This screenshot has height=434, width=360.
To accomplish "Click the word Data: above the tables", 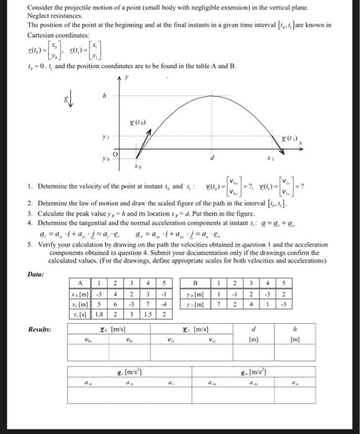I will (35, 273).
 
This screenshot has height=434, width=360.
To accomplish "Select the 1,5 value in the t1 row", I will (149, 314).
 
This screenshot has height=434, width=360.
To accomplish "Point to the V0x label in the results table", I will (87, 339).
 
